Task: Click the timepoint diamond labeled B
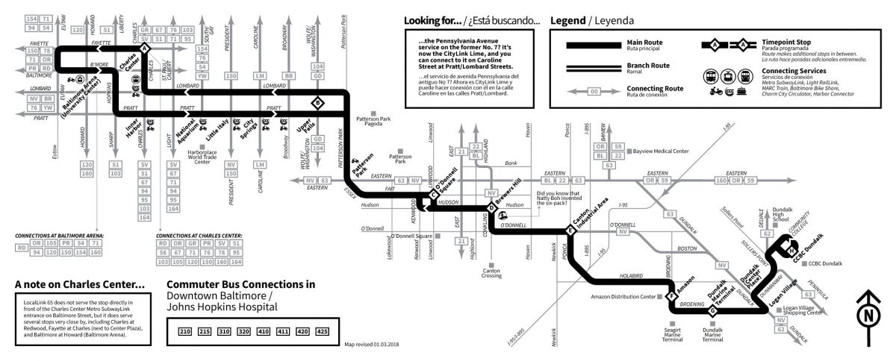click(x=319, y=102)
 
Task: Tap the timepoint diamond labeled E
click(x=570, y=232)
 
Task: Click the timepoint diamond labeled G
click(x=712, y=311)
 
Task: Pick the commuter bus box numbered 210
click(x=184, y=330)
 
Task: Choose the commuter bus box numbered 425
click(x=322, y=330)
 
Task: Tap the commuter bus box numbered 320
click(x=243, y=330)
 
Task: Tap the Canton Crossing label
click(x=491, y=272)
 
